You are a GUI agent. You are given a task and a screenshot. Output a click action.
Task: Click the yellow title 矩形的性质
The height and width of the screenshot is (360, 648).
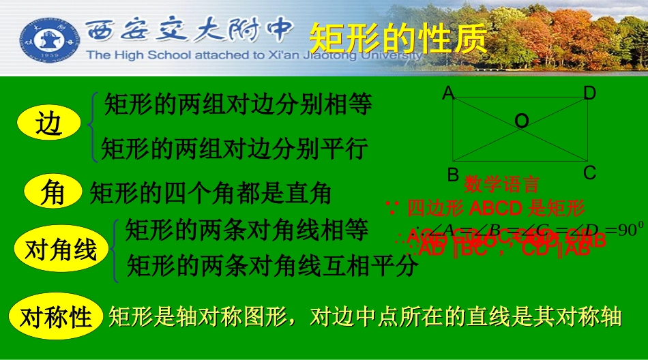pos(398,38)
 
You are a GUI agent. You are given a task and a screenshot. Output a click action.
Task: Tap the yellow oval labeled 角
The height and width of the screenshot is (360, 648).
pos(53,192)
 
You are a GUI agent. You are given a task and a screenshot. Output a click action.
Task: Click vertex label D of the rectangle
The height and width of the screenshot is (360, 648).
pos(589,93)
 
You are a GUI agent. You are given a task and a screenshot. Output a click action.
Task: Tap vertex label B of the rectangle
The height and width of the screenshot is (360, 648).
pos(453,175)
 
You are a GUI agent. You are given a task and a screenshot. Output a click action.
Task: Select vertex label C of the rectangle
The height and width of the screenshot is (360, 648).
pos(590,173)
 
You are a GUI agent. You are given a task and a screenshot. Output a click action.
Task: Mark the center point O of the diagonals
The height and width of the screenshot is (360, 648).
pos(521,121)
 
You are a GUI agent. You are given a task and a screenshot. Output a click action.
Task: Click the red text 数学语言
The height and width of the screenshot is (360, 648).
pos(502,184)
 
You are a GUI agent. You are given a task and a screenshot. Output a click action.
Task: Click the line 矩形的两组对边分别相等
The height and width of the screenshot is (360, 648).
pos(238,105)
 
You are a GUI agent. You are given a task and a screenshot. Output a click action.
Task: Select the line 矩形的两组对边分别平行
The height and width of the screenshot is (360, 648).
pos(235,148)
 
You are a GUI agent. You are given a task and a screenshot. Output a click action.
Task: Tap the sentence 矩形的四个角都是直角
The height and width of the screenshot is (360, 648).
pos(211,194)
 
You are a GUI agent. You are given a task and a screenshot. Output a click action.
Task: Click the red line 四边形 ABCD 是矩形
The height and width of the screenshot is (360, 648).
pos(495,207)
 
